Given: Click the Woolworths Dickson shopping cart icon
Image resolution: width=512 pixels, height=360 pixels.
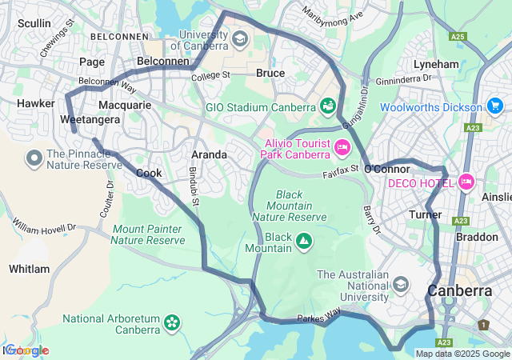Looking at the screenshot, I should coord(494,106).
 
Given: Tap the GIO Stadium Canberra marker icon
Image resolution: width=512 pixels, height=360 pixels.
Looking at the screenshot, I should coord(327,106).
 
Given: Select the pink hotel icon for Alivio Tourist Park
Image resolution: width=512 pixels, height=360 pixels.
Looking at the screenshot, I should coord(342,147).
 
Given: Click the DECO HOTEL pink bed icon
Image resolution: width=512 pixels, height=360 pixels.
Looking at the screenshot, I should coord(466,182).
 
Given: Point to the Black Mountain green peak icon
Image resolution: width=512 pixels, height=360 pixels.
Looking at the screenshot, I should coord(304,239).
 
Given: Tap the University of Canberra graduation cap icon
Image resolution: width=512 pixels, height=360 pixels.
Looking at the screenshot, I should coord(239,38).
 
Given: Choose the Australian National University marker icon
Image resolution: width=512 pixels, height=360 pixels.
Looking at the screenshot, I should coord(401,286).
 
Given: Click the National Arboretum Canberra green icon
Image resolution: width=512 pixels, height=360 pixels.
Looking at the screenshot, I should coord(171,322).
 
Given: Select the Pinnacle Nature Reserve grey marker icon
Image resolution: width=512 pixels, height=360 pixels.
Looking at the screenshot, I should coord(34,158).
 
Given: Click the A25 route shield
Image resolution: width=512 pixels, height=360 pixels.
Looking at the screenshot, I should coord(458,36).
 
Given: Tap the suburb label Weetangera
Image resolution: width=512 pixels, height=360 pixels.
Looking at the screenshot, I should coord(90,120).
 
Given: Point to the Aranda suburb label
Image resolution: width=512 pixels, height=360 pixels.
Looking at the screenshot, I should coord(209,154).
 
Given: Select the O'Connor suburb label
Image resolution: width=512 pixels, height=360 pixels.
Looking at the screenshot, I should coord(387,169).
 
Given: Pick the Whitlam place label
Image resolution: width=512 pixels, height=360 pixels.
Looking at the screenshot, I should coord(30,269).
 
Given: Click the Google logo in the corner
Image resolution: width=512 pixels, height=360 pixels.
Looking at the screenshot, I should coord(26,350).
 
